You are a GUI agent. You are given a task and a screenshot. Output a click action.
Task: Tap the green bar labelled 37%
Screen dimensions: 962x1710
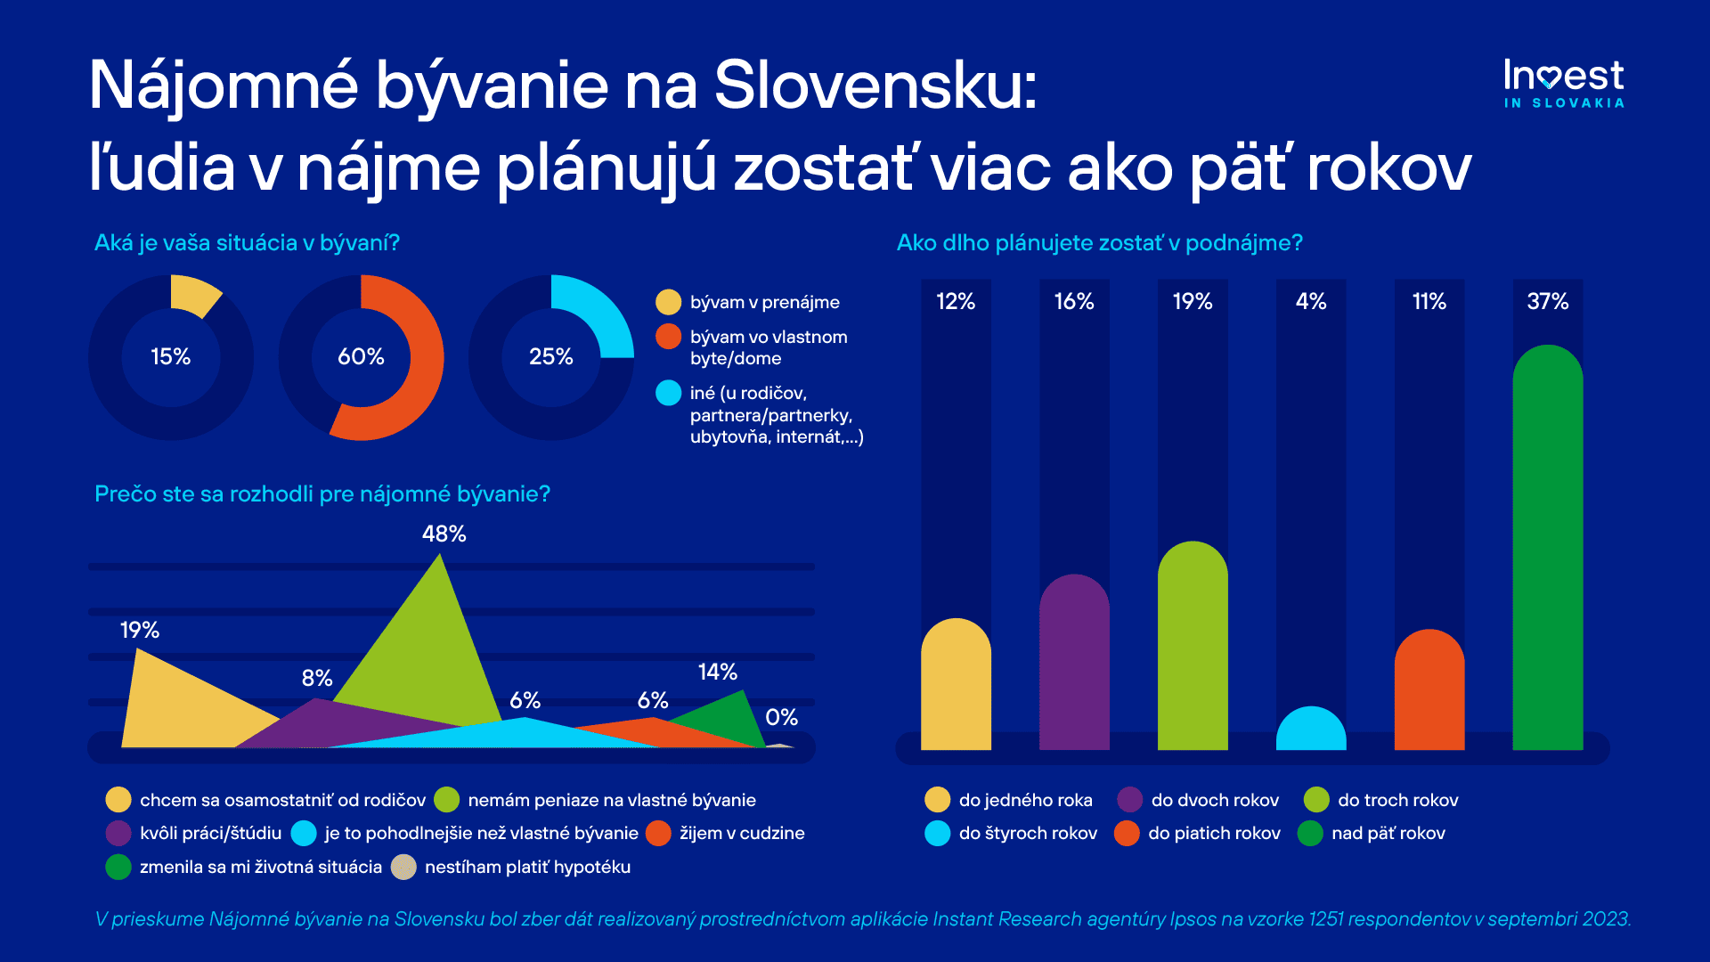click(x=1547, y=552)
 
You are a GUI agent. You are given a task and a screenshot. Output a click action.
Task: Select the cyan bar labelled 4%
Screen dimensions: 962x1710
click(x=1310, y=730)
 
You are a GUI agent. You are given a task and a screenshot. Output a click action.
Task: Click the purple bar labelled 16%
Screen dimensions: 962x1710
click(x=1074, y=664)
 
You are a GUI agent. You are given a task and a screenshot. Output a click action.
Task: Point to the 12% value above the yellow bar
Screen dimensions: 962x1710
click(x=956, y=302)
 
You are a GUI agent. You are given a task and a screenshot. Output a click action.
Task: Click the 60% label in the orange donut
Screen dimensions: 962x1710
click(x=361, y=357)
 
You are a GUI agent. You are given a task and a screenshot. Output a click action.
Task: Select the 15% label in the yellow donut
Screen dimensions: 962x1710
click(x=170, y=357)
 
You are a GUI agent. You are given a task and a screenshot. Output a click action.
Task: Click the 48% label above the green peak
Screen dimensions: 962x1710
click(x=444, y=534)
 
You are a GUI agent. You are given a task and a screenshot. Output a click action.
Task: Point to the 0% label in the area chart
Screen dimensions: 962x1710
click(x=781, y=718)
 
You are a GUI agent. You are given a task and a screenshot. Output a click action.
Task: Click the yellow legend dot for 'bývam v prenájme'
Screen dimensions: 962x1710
click(x=668, y=303)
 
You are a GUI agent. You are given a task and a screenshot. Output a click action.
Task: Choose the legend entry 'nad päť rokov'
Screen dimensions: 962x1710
click(x=1388, y=834)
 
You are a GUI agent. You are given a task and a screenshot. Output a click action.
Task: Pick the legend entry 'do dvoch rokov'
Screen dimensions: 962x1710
click(x=1214, y=801)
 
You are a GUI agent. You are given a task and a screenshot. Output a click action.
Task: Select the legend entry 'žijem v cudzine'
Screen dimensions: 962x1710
click(x=741, y=834)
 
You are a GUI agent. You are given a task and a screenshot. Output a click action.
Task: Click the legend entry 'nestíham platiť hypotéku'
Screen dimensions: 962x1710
click(x=527, y=868)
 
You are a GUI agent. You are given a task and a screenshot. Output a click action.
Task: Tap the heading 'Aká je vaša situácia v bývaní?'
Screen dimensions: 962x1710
click(x=247, y=243)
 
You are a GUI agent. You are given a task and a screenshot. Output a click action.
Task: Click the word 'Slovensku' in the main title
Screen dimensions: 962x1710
click(x=875, y=86)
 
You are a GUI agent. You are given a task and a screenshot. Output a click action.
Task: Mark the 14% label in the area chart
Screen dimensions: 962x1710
click(x=717, y=673)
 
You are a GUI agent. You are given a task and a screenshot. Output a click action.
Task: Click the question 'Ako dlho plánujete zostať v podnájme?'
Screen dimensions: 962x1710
click(x=1099, y=243)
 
